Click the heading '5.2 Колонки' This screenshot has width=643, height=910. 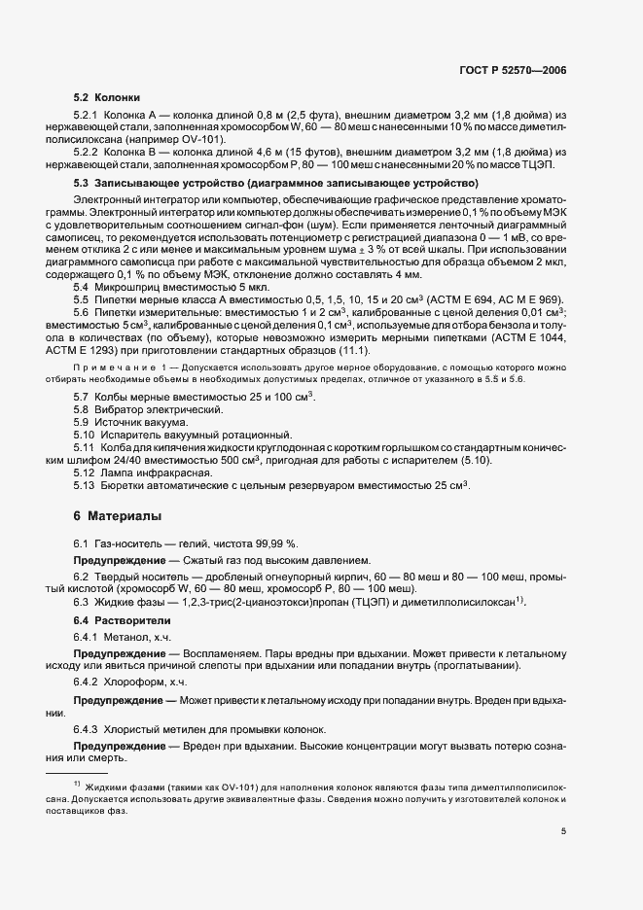pos(107,98)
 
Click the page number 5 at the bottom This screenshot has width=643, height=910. pos(563,831)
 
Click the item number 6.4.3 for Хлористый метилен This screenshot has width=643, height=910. pos(89,728)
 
